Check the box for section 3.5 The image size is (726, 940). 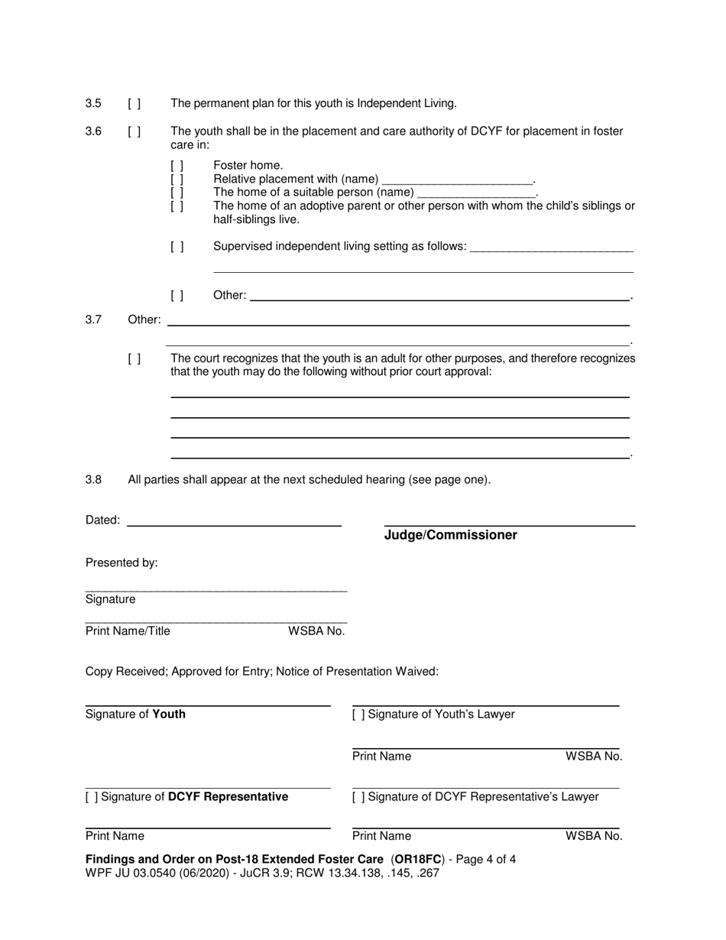coord(135,103)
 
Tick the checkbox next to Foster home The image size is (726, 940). coord(177,165)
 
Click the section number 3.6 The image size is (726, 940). coord(93,131)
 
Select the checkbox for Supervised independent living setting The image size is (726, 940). coord(177,246)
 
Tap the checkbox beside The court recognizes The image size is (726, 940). coord(135,358)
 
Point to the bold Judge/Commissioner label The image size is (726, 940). coord(450,535)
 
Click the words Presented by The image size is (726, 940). coord(122,562)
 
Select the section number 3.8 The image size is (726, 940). coord(93,480)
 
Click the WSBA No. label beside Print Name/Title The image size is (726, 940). coord(316,631)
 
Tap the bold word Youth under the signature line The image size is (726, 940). coord(169,715)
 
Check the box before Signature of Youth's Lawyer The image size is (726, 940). coord(358,715)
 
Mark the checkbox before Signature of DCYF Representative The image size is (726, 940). coord(92,797)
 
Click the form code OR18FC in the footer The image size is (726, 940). coord(419,859)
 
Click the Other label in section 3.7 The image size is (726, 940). coord(144,319)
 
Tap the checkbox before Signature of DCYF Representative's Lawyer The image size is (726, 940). coord(358,797)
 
